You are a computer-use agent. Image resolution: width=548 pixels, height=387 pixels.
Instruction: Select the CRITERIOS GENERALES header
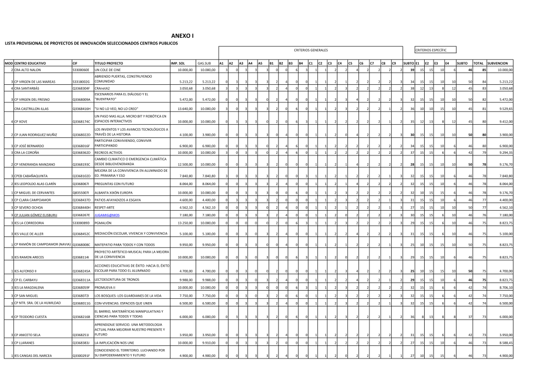coord(310,50)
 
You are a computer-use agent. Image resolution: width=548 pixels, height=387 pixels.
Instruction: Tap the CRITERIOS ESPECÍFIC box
coord(431,50)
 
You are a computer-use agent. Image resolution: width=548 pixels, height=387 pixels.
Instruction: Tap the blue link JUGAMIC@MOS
coord(107,216)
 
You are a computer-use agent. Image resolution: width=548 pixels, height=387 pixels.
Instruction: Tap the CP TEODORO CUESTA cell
coord(32,316)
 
